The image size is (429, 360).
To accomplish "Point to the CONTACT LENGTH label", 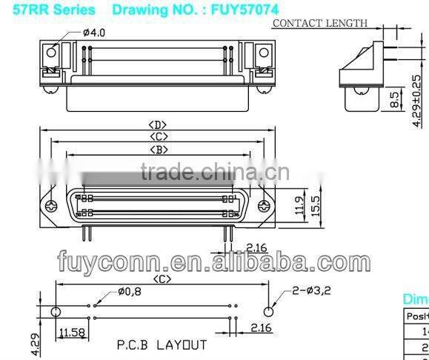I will point(320,23).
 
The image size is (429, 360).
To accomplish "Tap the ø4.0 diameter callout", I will point(94,33).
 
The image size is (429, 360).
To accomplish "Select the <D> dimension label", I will point(158,124).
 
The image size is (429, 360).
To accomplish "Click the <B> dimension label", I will point(158,150).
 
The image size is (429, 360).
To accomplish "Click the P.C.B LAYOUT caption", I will point(162,344).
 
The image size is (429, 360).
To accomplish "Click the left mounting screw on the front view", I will point(51,205).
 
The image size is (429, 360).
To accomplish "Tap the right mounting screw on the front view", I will point(265,205).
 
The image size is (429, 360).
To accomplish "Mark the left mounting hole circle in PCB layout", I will point(55,311).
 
